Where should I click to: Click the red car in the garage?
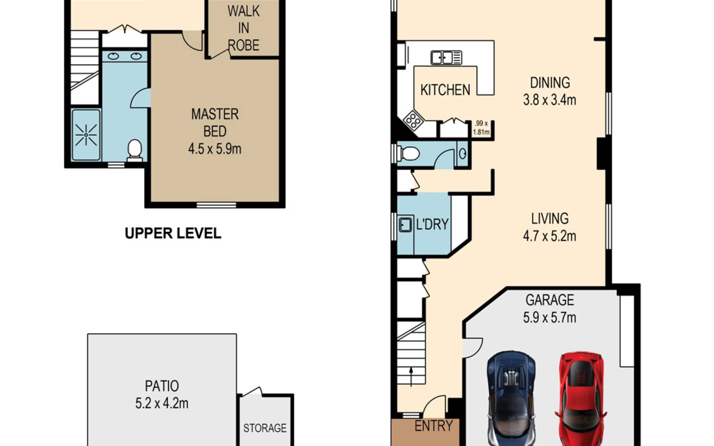pyautogui.click(x=581, y=399)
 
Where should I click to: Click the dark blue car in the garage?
pyautogui.click(x=511, y=399)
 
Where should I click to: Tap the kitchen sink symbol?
pyautogui.click(x=446, y=58)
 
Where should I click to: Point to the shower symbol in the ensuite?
pyautogui.click(x=86, y=135)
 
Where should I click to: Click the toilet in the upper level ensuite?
pyautogui.click(x=135, y=150)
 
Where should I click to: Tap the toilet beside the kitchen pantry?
pyautogui.click(x=409, y=154)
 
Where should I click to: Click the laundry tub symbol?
pyautogui.click(x=405, y=224)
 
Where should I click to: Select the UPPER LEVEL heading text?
pyautogui.click(x=173, y=233)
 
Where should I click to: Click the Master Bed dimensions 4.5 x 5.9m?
pyautogui.click(x=215, y=149)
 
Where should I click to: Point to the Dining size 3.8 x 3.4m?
pyautogui.click(x=549, y=100)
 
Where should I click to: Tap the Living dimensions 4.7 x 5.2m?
pyautogui.click(x=549, y=236)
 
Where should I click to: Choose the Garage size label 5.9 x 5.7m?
pyautogui.click(x=549, y=318)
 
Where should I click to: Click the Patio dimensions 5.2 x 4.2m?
pyautogui.click(x=162, y=404)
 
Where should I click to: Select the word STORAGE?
pyautogui.click(x=265, y=428)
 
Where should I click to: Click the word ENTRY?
pyautogui.click(x=433, y=425)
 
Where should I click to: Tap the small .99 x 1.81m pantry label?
pyautogui.click(x=482, y=128)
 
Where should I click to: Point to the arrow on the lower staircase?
pyautogui.click(x=411, y=376)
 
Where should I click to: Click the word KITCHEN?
pyautogui.click(x=445, y=90)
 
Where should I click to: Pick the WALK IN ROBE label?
pyautogui.click(x=244, y=29)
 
